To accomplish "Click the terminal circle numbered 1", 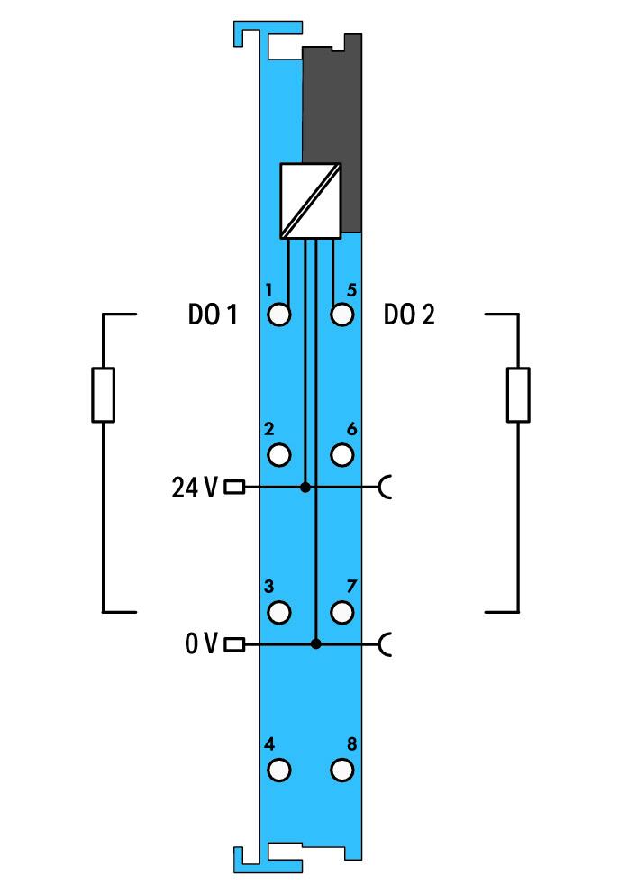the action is coord(278,315).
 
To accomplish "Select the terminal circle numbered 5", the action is coord(341,315).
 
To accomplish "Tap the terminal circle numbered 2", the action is coord(278,455).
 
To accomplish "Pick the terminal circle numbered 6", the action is coord(341,455).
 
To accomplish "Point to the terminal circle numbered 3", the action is coord(278,612).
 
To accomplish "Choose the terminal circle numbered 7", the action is coord(341,612).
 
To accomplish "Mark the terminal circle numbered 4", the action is coord(278,771).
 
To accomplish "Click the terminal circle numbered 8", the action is coord(341,771).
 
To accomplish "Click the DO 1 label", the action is coord(213,315).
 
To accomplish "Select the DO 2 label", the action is coord(409,315).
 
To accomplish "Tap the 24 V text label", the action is coord(195,488).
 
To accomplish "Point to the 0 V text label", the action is coord(201,643).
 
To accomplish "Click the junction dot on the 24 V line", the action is coord(305,488).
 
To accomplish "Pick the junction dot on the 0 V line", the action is coord(316,643).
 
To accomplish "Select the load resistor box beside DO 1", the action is coord(103,395).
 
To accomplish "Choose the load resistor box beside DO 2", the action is coord(518,395).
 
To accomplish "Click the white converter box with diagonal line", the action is coord(311,201).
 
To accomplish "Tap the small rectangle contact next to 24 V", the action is coord(234,488).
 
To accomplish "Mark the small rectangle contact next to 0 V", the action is coord(234,644).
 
